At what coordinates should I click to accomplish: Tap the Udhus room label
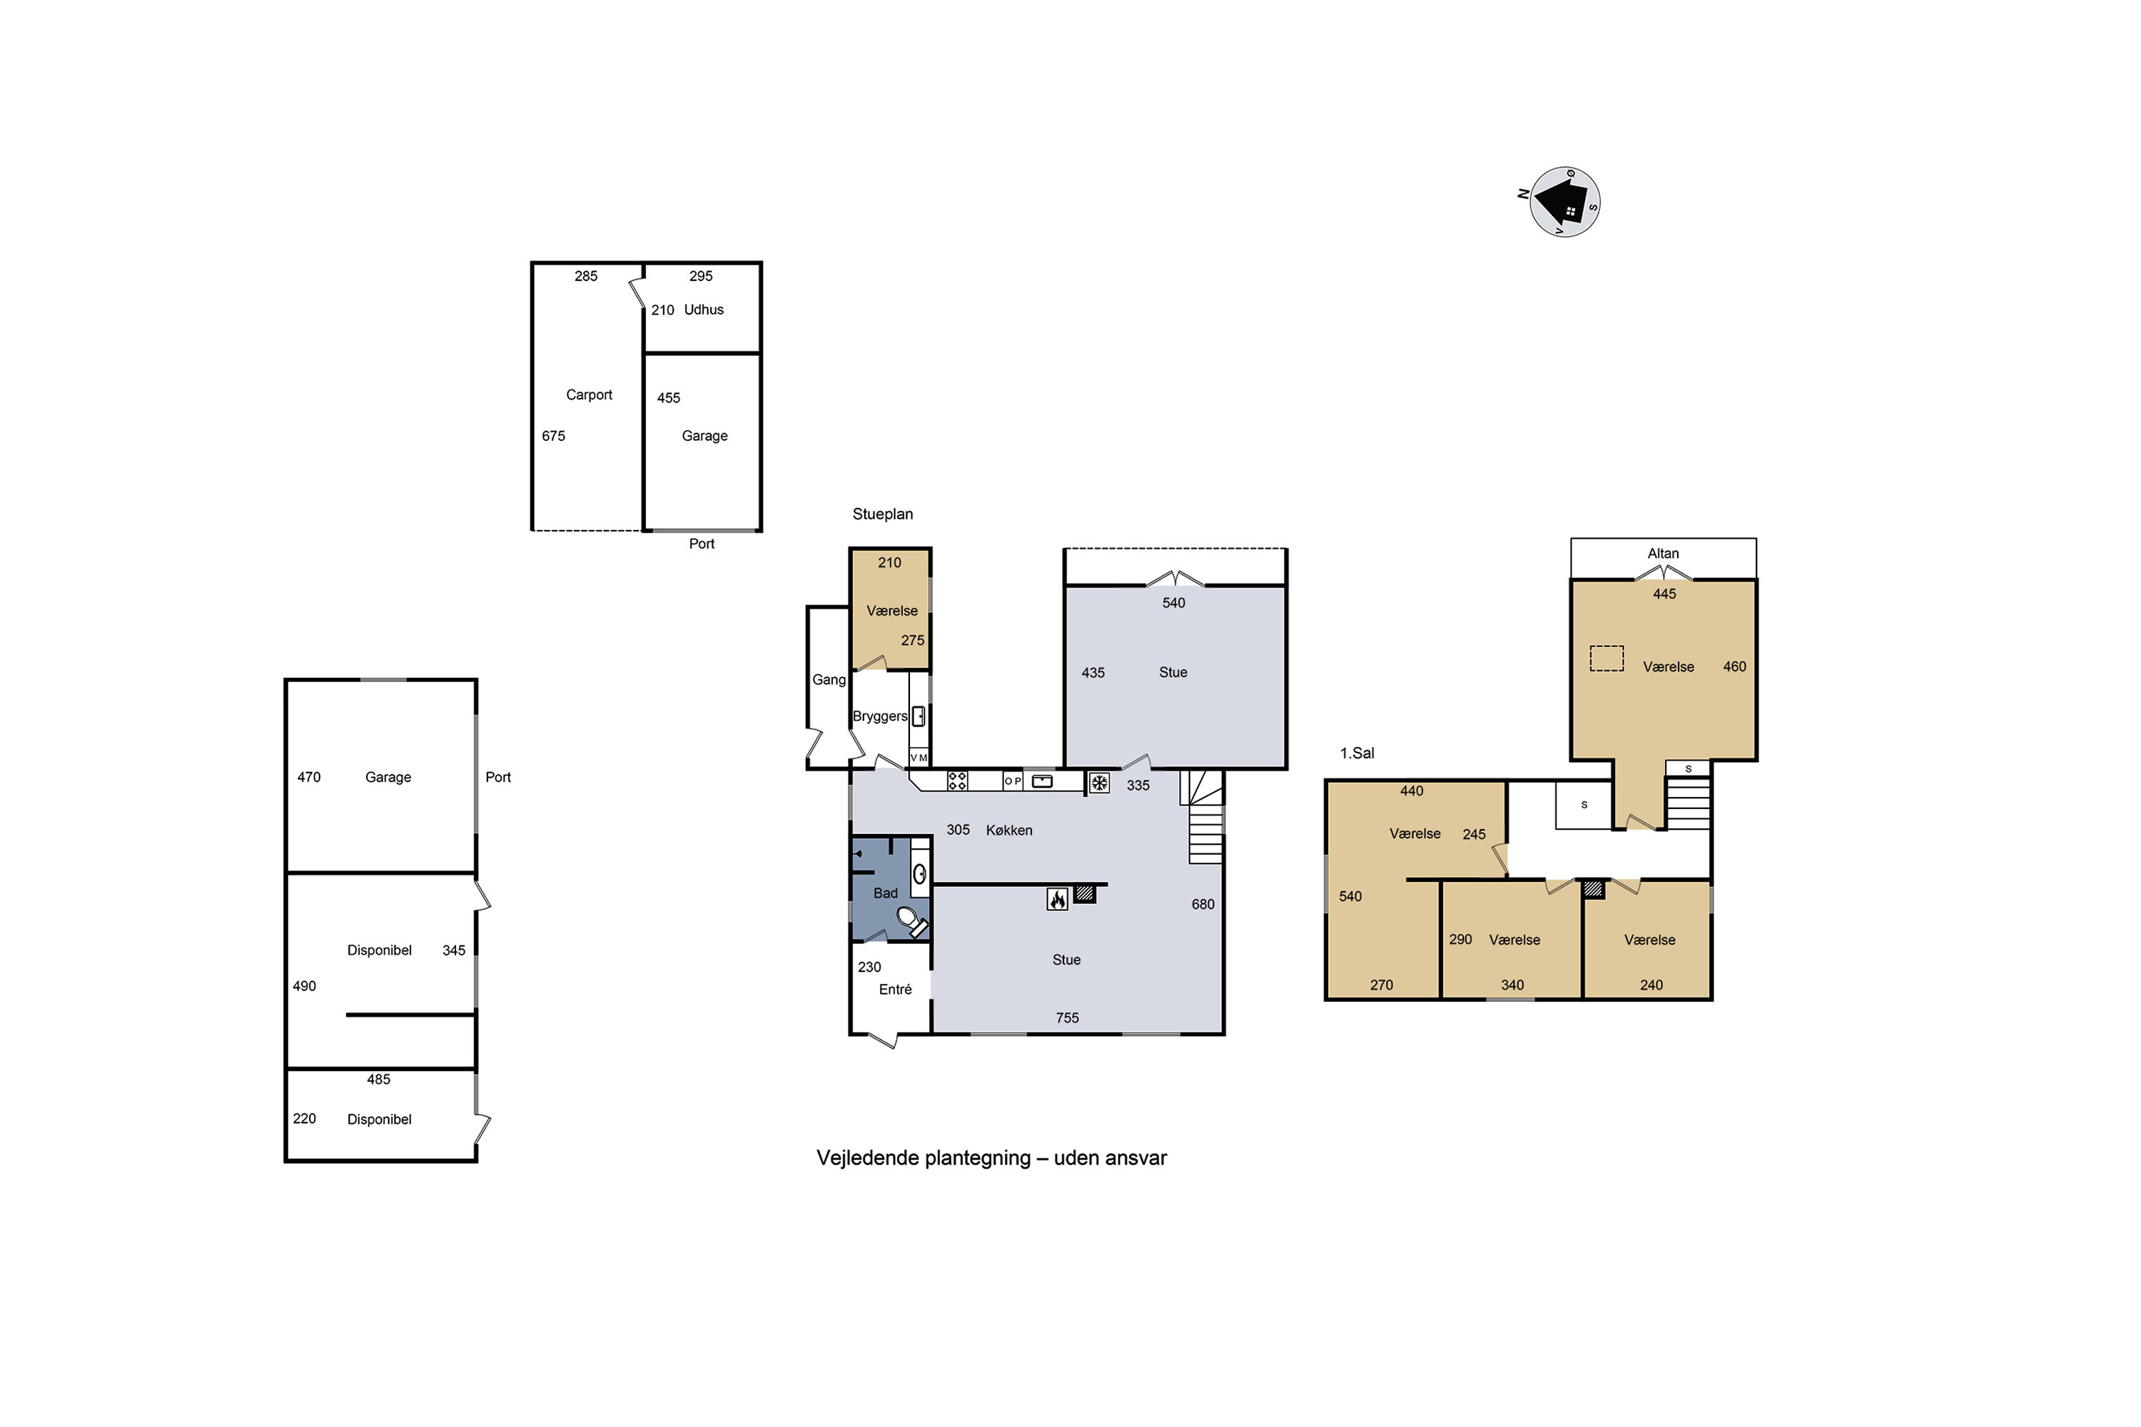(x=704, y=310)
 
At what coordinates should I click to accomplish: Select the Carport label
(x=589, y=395)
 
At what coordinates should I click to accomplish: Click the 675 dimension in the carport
(x=554, y=436)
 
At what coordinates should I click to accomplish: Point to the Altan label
(x=1663, y=554)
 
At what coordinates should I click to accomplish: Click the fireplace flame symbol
(x=1057, y=899)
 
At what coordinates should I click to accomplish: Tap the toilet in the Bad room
(x=912, y=921)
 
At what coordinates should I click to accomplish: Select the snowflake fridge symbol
(x=1100, y=783)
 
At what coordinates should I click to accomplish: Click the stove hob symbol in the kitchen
(x=957, y=781)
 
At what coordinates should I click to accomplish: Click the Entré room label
(x=895, y=989)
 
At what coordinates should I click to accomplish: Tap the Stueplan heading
(x=882, y=514)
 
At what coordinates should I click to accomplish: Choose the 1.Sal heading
(x=1357, y=753)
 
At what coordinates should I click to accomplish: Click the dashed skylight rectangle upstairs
(x=1606, y=658)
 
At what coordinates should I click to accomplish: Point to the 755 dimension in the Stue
(x=1067, y=1017)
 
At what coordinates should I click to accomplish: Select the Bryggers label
(x=879, y=716)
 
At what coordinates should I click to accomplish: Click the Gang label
(x=829, y=680)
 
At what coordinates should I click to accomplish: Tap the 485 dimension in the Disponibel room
(x=379, y=1080)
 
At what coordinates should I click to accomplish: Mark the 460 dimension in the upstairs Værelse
(x=1734, y=666)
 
